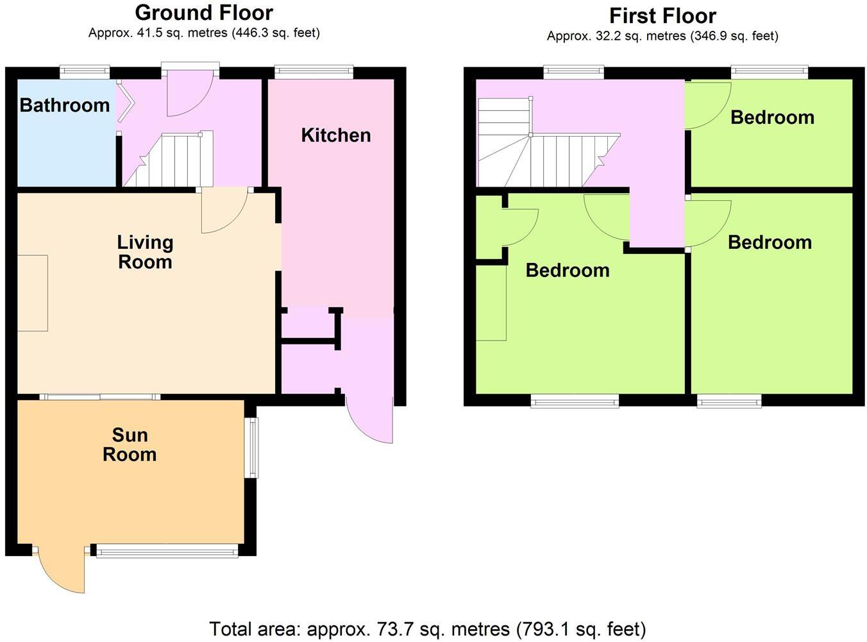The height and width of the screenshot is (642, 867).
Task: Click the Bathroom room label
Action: coord(65,105)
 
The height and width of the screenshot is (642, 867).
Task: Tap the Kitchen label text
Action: coord(336,135)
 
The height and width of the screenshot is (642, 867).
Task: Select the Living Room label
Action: coord(145,252)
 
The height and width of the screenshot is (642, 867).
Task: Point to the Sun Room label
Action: coord(130,444)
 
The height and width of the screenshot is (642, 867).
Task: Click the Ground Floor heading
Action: coord(204,13)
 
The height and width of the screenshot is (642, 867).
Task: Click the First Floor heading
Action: coord(662,15)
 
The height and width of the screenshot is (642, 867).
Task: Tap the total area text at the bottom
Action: coord(427,629)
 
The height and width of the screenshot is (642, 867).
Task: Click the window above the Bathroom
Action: coord(85,72)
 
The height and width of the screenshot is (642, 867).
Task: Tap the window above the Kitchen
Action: coord(314,72)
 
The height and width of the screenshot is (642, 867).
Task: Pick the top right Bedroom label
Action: coord(772,117)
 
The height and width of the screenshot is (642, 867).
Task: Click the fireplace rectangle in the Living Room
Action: coord(32,293)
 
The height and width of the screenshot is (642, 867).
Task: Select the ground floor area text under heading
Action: coord(204,33)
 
